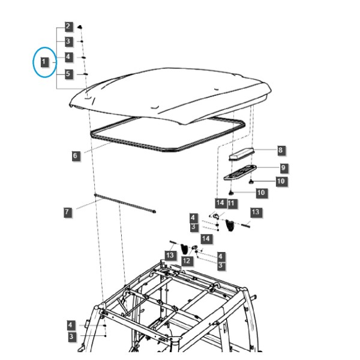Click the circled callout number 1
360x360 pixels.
[x=44, y=62]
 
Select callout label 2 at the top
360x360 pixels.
[x=68, y=27]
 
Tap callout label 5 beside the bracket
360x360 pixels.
[x=68, y=74]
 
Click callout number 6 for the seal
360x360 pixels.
[x=76, y=156]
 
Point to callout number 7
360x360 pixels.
[x=67, y=212]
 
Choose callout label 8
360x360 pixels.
[x=281, y=151]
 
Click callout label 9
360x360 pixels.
[x=284, y=168]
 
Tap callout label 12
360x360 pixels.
[x=187, y=261]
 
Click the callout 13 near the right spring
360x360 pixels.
[x=256, y=212]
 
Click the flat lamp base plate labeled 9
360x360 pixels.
[x=240, y=172]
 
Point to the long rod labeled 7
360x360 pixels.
[x=125, y=203]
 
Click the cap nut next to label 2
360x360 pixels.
[x=80, y=27]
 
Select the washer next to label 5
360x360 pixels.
[x=85, y=74]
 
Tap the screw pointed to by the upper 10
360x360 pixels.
[x=251, y=182]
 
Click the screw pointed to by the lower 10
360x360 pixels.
[x=231, y=193]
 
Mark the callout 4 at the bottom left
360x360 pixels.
[x=71, y=325]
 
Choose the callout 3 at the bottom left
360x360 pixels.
[x=72, y=337]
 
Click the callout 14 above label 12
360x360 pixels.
[x=206, y=239]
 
